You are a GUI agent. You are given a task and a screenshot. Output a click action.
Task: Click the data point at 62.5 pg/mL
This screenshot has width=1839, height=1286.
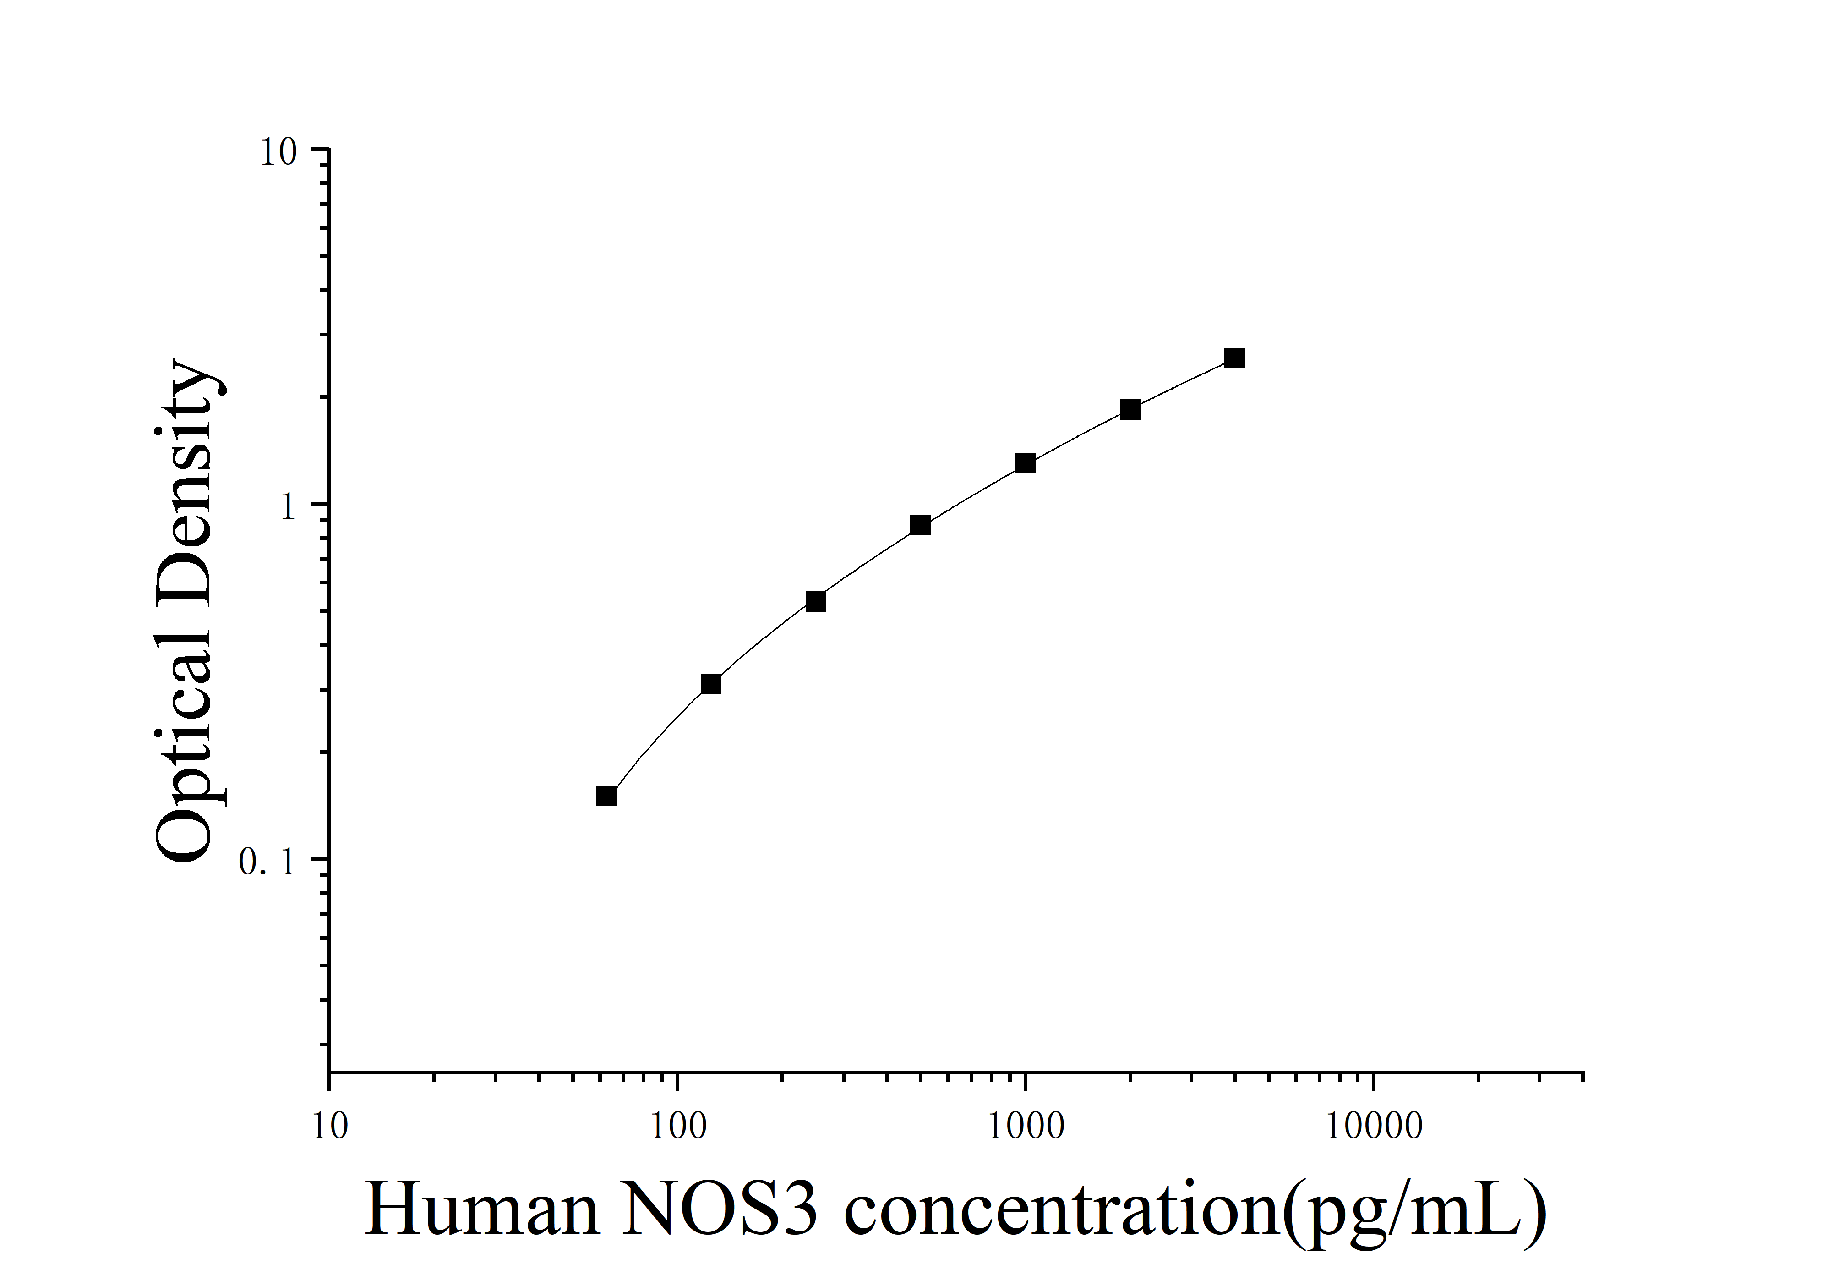point(606,796)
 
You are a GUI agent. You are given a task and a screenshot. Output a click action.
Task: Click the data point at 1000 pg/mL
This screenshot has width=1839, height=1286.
point(1025,463)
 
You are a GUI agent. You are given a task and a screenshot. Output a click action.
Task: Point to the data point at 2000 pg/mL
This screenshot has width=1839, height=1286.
point(1130,409)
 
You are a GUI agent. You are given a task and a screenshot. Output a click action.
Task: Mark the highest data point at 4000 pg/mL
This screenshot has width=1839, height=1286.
point(1235,358)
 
